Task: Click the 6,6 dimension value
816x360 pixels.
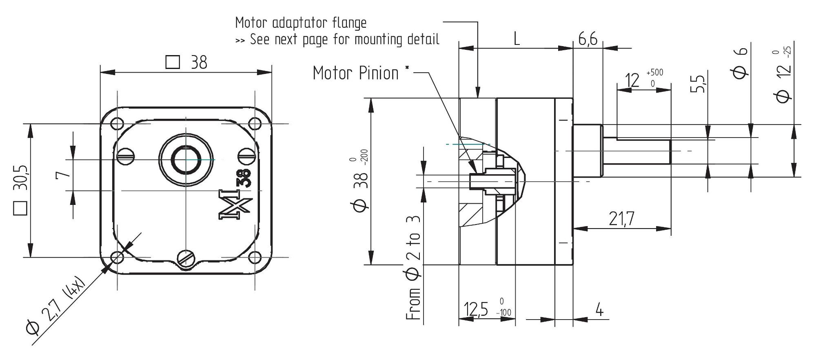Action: (x=588, y=39)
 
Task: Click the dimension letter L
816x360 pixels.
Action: (x=517, y=39)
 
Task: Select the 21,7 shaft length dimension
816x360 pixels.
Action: (x=622, y=219)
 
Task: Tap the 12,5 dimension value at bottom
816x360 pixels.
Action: (x=476, y=309)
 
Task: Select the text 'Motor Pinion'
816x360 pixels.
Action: (x=355, y=73)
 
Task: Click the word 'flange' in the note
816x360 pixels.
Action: (x=352, y=23)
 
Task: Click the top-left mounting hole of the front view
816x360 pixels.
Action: (x=117, y=123)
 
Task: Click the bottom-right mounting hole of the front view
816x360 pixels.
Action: (x=255, y=258)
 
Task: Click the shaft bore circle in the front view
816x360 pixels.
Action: (x=186, y=160)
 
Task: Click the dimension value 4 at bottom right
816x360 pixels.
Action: (x=599, y=310)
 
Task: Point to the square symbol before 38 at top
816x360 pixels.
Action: (x=173, y=62)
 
